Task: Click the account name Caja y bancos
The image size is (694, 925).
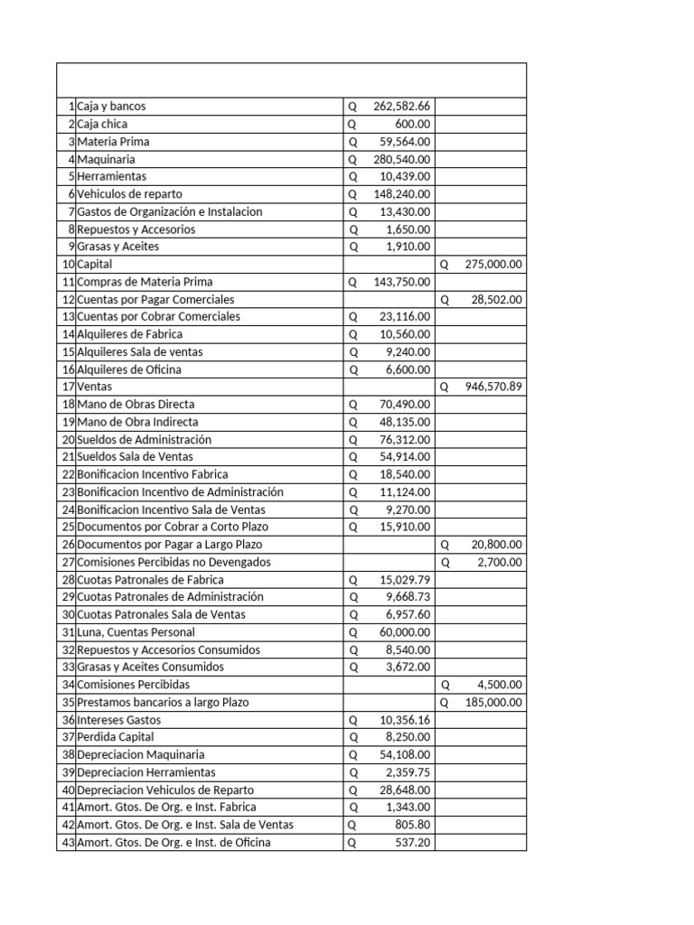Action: tap(111, 107)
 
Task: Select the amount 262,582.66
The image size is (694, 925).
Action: tap(401, 107)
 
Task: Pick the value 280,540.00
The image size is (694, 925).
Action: tap(401, 159)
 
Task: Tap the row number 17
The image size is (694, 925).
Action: tap(68, 387)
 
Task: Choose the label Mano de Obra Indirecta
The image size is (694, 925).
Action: tap(137, 422)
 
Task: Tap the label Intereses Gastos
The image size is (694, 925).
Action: tap(118, 720)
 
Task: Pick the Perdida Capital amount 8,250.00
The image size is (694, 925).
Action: tap(409, 737)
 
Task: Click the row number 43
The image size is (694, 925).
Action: tap(68, 843)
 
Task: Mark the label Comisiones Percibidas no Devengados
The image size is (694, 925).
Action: tap(173, 562)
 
